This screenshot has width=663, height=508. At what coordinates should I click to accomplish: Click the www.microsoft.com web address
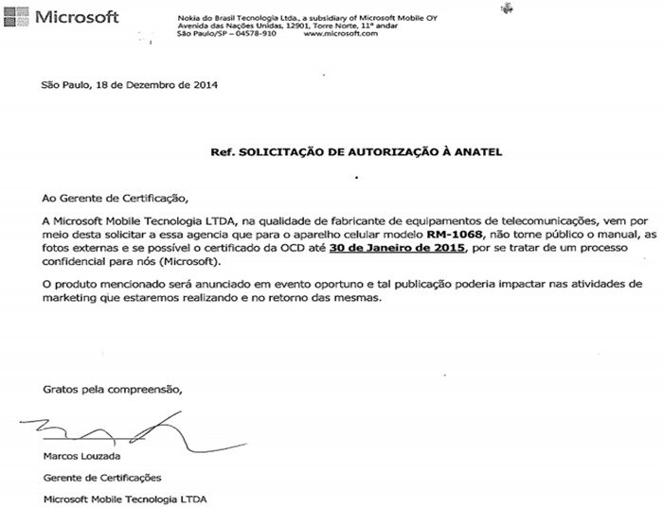click(x=342, y=33)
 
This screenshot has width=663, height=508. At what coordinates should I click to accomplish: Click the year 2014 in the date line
click(x=206, y=85)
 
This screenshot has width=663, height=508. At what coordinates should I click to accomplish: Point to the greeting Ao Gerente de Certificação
click(x=109, y=198)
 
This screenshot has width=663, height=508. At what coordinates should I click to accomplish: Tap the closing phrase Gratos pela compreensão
click(x=110, y=389)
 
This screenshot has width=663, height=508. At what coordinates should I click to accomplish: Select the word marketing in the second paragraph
click(x=67, y=298)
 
